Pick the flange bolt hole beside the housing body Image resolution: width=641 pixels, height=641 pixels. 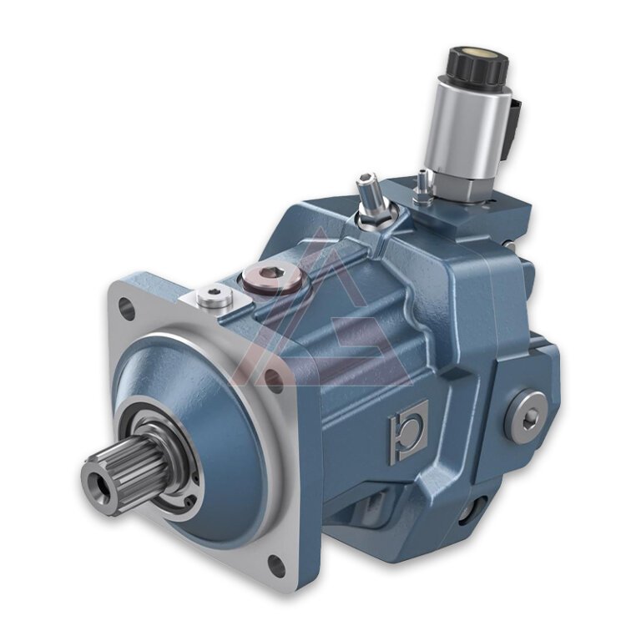272,379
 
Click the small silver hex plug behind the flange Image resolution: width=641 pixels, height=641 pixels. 215,295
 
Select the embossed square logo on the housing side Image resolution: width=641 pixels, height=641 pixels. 408,429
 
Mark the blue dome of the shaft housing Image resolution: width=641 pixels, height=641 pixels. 209,401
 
